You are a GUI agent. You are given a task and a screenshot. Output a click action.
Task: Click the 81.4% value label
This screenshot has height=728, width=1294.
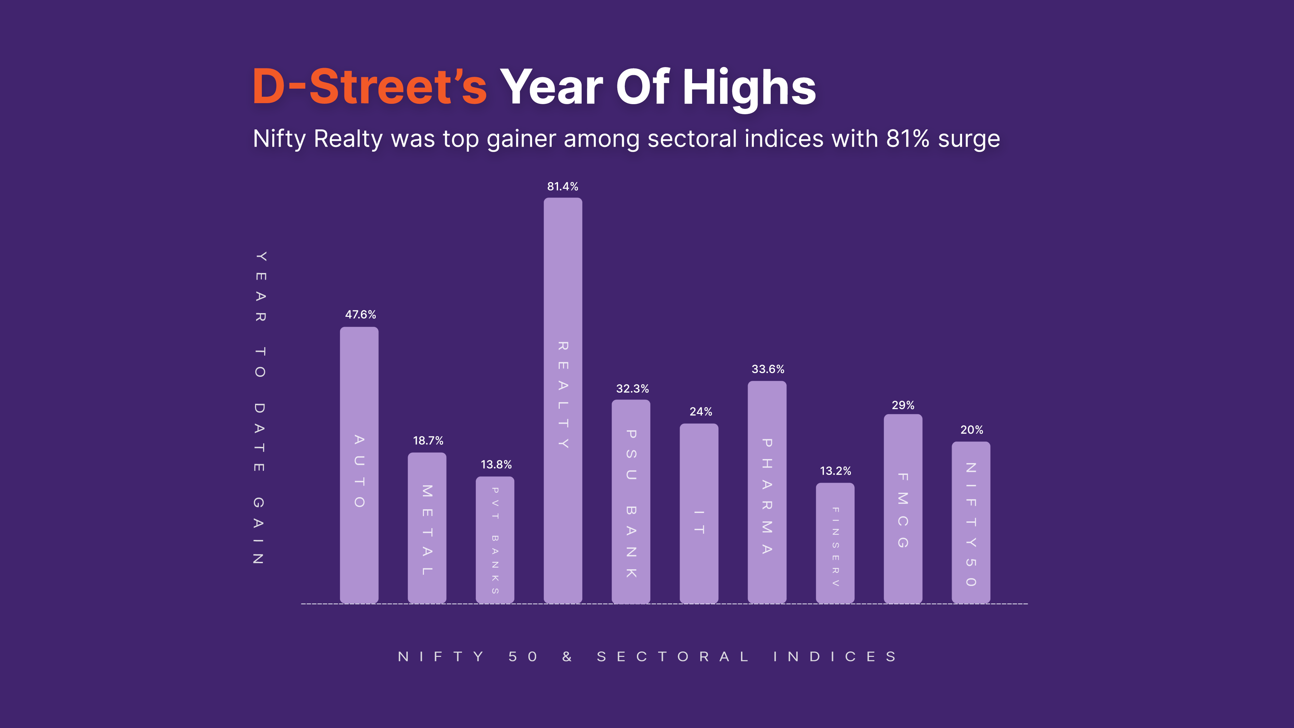click(x=563, y=186)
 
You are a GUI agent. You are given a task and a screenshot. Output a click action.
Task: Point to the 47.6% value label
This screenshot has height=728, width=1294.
click(x=360, y=314)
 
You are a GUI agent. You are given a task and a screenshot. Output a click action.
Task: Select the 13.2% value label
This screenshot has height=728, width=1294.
click(x=835, y=471)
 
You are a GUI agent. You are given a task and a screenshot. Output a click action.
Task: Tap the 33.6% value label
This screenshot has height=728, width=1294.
click(x=768, y=369)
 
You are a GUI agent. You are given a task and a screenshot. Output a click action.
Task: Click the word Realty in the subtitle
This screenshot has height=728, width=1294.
click(x=348, y=139)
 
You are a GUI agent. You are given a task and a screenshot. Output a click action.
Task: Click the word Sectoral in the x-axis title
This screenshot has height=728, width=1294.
click(x=673, y=657)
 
